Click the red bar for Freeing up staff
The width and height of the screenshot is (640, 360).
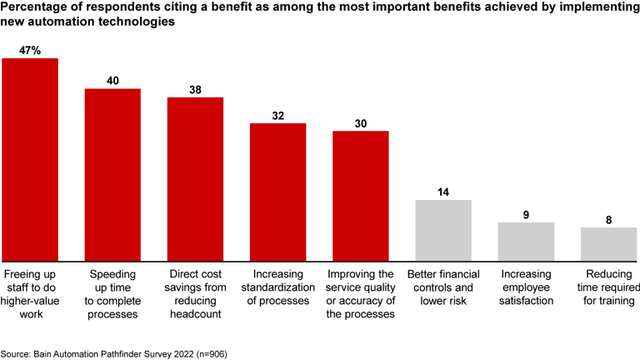point(30,159)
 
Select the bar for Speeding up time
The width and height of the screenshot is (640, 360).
point(112,174)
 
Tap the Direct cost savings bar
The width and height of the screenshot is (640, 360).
point(195,178)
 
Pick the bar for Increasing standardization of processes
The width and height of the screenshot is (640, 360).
point(278,192)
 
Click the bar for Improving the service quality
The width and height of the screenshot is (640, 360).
point(361,195)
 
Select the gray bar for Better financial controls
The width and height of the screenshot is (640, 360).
point(443,230)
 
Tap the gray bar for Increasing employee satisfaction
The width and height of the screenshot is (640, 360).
point(526,241)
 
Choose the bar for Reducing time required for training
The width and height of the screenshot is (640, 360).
point(608,243)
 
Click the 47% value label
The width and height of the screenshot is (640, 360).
point(31,50)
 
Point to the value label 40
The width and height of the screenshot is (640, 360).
point(112,81)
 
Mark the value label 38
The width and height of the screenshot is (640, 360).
point(195,89)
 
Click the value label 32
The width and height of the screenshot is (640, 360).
point(278,116)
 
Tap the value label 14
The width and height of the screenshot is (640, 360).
point(443,192)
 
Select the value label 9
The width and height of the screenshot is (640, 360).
point(526,214)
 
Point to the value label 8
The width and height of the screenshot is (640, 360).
point(608,219)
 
